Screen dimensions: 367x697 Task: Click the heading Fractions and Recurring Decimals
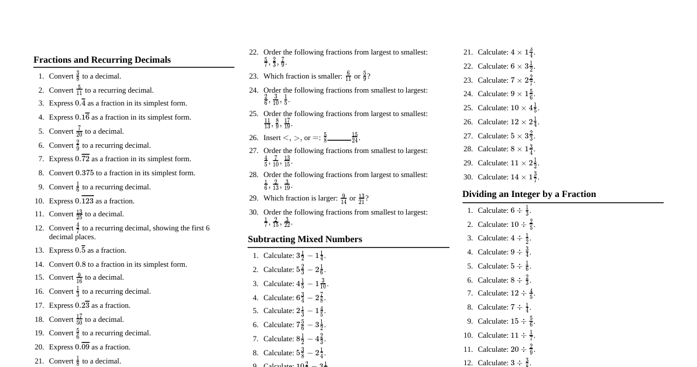point(102,60)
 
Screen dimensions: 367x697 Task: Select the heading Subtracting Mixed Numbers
point(305,239)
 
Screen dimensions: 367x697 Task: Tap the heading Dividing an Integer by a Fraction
point(529,194)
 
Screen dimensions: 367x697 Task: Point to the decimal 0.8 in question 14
point(80,264)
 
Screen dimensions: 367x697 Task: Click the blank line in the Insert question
point(339,140)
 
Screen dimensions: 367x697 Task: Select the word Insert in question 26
point(272,138)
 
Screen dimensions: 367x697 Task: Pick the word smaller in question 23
point(329,76)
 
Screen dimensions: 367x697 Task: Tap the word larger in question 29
point(328,198)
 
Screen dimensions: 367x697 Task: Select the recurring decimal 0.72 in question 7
point(82,159)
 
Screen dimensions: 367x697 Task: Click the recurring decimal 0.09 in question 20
point(82,347)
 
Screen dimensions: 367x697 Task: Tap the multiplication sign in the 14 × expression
point(524,177)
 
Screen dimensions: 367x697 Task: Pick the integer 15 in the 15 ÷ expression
point(515,321)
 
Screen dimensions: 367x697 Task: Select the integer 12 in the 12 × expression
point(515,122)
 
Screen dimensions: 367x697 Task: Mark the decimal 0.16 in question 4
point(82,117)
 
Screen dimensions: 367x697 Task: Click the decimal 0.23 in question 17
point(82,305)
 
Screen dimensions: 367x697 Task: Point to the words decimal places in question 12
point(73,237)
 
